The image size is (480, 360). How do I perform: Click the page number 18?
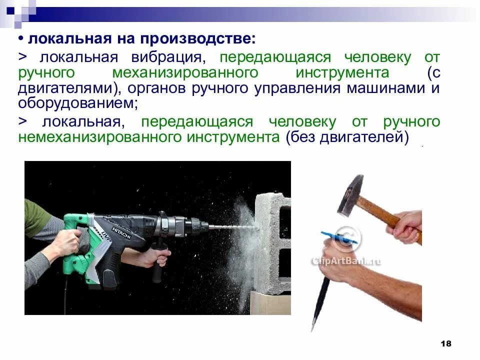pos(446,343)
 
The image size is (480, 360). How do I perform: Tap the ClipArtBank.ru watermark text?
pos(346,260)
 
